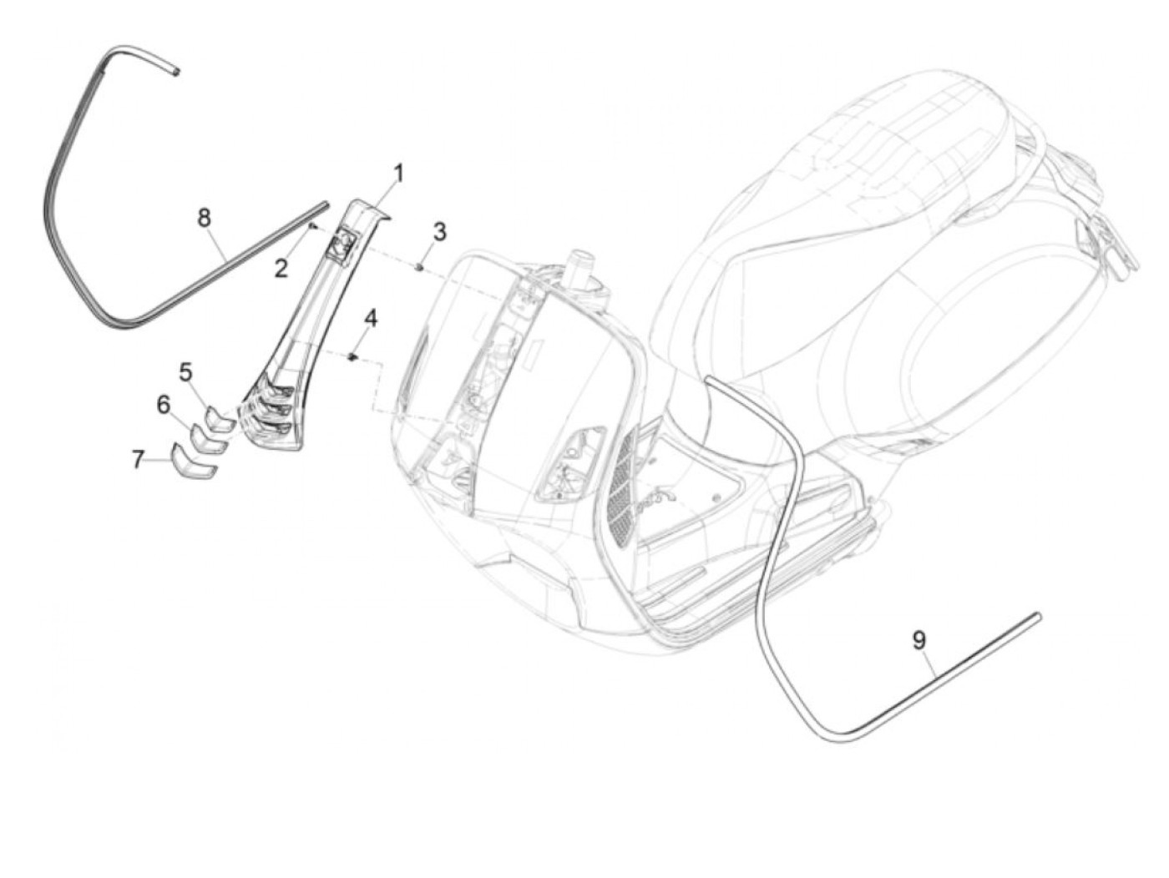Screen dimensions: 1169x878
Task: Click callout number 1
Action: coord(398,174)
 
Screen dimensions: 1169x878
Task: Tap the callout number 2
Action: coord(281,268)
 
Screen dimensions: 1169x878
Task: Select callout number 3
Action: coord(439,231)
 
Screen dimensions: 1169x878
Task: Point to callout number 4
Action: coord(370,318)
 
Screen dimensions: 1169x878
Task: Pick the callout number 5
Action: coord(185,371)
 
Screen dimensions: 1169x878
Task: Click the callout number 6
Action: coord(164,405)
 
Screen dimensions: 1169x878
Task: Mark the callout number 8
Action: coord(204,218)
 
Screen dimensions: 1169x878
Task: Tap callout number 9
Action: coord(918,640)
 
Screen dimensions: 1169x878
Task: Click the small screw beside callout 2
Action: coord(311,225)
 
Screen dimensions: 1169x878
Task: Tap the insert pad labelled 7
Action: coord(194,462)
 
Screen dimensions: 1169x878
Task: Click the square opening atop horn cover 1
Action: coord(340,246)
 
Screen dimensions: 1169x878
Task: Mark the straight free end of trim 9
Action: coord(1036,617)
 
